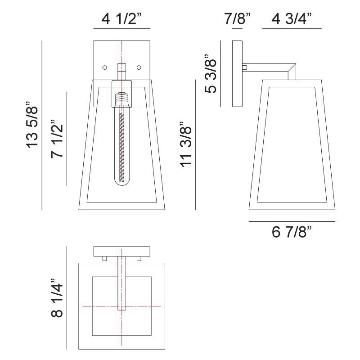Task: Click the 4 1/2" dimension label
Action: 121,20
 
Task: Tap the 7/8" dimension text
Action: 237,20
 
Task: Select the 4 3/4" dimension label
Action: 292,20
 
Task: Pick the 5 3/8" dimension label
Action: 211,74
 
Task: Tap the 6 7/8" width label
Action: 292,233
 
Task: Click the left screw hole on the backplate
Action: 104,67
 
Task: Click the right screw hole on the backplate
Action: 139,67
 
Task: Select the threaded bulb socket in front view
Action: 121,99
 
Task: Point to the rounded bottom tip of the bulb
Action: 121,184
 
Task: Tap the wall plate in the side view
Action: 237,74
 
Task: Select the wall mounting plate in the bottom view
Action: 121,251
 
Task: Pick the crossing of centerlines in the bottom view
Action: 121,306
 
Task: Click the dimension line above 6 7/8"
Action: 292,222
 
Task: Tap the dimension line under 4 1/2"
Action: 121,29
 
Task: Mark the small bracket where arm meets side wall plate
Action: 244,67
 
